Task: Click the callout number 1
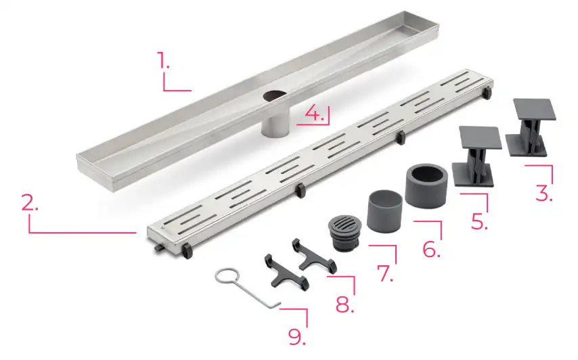coord(163,60)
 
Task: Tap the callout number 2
coord(30,202)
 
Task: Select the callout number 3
coord(544,193)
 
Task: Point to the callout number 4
coord(315,114)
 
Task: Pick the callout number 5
coord(479,221)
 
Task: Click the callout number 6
coord(431,249)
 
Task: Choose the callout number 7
coord(385,273)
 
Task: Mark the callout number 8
coord(344,304)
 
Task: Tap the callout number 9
coord(296,336)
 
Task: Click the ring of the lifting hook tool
coord(227,275)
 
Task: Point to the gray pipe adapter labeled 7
coord(384,210)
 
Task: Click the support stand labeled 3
coord(531,127)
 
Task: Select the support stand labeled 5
coord(477,156)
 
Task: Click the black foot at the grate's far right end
coord(488,93)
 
